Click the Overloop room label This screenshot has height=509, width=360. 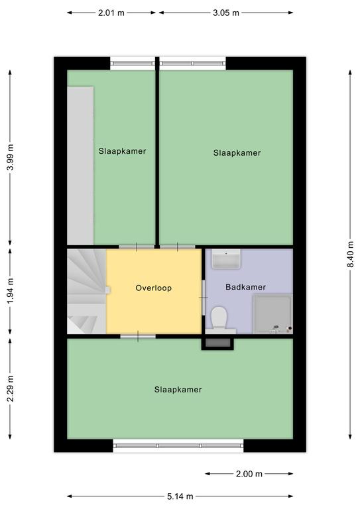pos(154,288)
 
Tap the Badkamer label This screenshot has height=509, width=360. pos(246,287)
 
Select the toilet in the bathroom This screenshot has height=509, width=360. pos(219,317)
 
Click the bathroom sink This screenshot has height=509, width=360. pos(226,258)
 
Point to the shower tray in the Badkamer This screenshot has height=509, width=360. pos(272,314)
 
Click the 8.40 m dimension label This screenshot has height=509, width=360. pos(350,254)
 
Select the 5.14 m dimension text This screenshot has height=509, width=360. pos(180,496)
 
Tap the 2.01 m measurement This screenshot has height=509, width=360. pos(111,13)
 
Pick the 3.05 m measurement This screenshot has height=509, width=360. pos(226,13)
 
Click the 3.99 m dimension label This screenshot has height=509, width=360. pos(11,157)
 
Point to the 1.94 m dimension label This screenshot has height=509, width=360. pos(11,291)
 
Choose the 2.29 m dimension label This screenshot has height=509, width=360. pos(11,388)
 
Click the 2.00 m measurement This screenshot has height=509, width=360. pos(249,474)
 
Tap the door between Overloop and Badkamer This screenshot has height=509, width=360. pos(204,298)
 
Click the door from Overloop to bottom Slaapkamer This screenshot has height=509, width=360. pos(138,336)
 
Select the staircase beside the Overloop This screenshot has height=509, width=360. pos(87,291)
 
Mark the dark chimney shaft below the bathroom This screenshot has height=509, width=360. pos(217,343)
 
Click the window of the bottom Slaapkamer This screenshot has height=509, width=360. pos(178,445)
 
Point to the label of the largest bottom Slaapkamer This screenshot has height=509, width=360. pos(178,390)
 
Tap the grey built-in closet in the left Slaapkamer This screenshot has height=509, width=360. pos(80,166)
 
